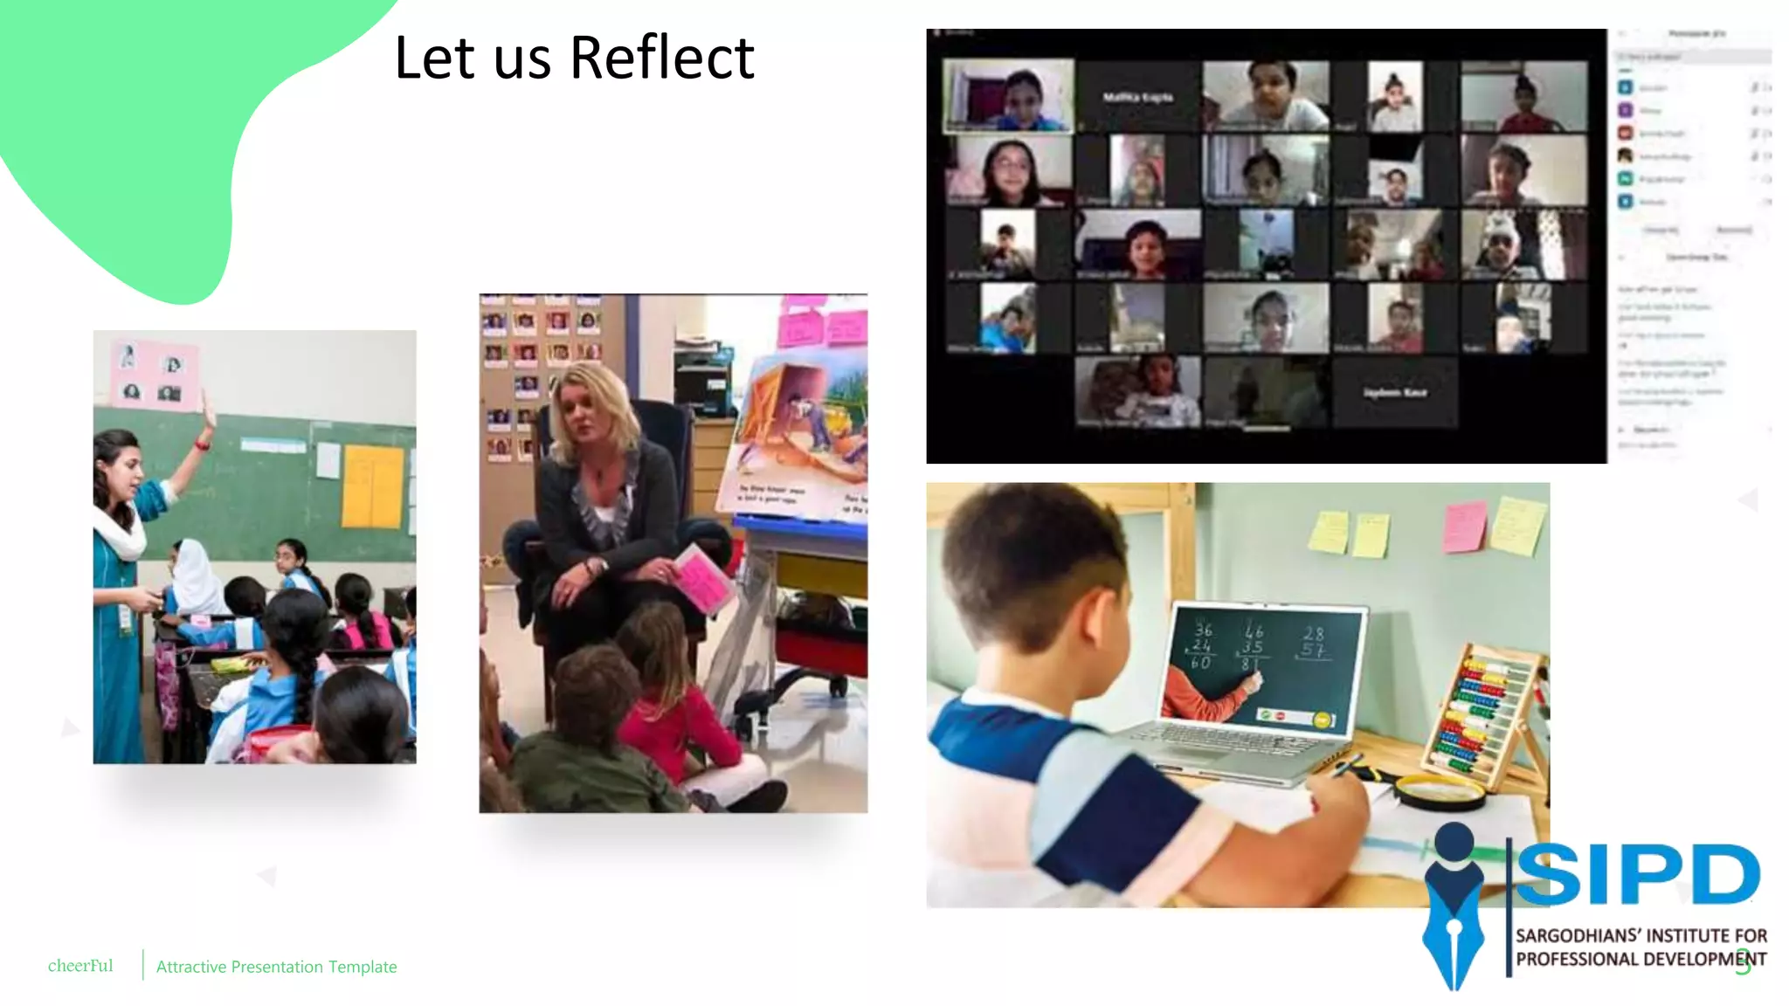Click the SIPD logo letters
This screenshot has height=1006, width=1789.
(x=1638, y=874)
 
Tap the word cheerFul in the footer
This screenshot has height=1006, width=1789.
(x=80, y=966)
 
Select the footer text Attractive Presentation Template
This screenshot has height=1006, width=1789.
(x=276, y=967)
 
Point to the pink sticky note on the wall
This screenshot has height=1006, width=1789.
(x=1464, y=526)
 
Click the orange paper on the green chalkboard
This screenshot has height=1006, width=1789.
(x=372, y=486)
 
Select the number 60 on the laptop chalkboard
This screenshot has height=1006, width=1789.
(x=1200, y=663)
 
